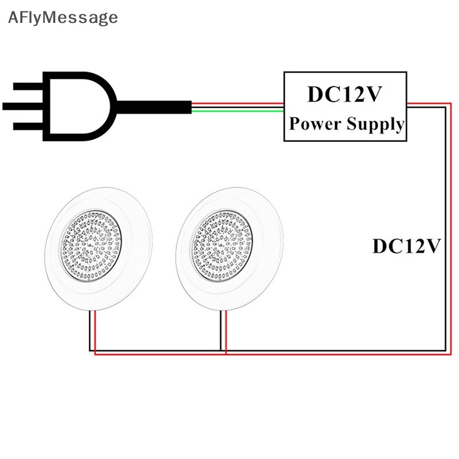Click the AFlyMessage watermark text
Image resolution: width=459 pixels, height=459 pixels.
coord(63,18)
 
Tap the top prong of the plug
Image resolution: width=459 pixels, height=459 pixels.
coord(28,87)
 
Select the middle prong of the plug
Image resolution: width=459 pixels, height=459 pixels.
coord(23,106)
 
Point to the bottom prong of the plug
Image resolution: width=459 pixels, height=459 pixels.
coord(28,126)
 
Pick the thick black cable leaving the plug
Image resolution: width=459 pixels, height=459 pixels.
coord(154,107)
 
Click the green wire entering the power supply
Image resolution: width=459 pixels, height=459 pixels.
coord(238,111)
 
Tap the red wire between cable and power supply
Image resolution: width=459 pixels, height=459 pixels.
coord(238,103)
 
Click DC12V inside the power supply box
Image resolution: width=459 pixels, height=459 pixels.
coord(345,94)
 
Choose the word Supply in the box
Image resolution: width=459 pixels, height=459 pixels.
coord(376,124)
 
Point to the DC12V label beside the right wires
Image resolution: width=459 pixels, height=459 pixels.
coord(407,246)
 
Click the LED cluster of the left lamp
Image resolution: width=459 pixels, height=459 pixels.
coord(91,246)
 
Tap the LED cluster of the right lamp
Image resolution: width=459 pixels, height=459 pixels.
coord(221,246)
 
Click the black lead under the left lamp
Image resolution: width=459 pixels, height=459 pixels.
coord(90,330)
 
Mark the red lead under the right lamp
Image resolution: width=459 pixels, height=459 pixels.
coord(226,333)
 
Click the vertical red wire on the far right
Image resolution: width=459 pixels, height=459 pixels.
coord(451,229)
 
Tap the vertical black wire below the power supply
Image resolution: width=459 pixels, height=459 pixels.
coord(446,229)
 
